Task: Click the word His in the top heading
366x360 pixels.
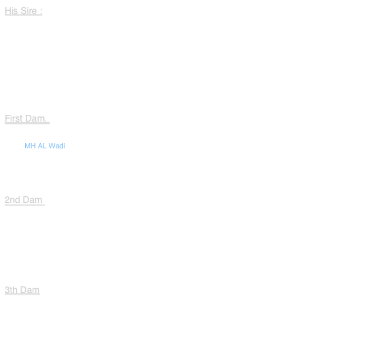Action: (11, 11)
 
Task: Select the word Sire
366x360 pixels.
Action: (28, 11)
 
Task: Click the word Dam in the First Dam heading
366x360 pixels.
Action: (35, 119)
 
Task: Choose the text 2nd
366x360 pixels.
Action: (12, 200)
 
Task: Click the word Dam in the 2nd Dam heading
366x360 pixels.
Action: (32, 200)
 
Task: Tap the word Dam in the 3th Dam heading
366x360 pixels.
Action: (30, 290)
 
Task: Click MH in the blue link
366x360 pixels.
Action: (30, 146)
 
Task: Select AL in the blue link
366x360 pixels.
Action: (42, 146)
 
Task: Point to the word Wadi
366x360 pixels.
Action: (57, 146)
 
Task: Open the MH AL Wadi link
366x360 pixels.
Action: (45, 146)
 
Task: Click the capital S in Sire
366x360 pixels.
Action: (24, 11)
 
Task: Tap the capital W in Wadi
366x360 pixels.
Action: (52, 146)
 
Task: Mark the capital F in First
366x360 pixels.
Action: (7, 119)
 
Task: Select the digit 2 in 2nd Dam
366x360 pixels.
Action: (7, 200)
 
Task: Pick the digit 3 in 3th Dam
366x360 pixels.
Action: (7, 290)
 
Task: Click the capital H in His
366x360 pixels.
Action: (8, 11)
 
